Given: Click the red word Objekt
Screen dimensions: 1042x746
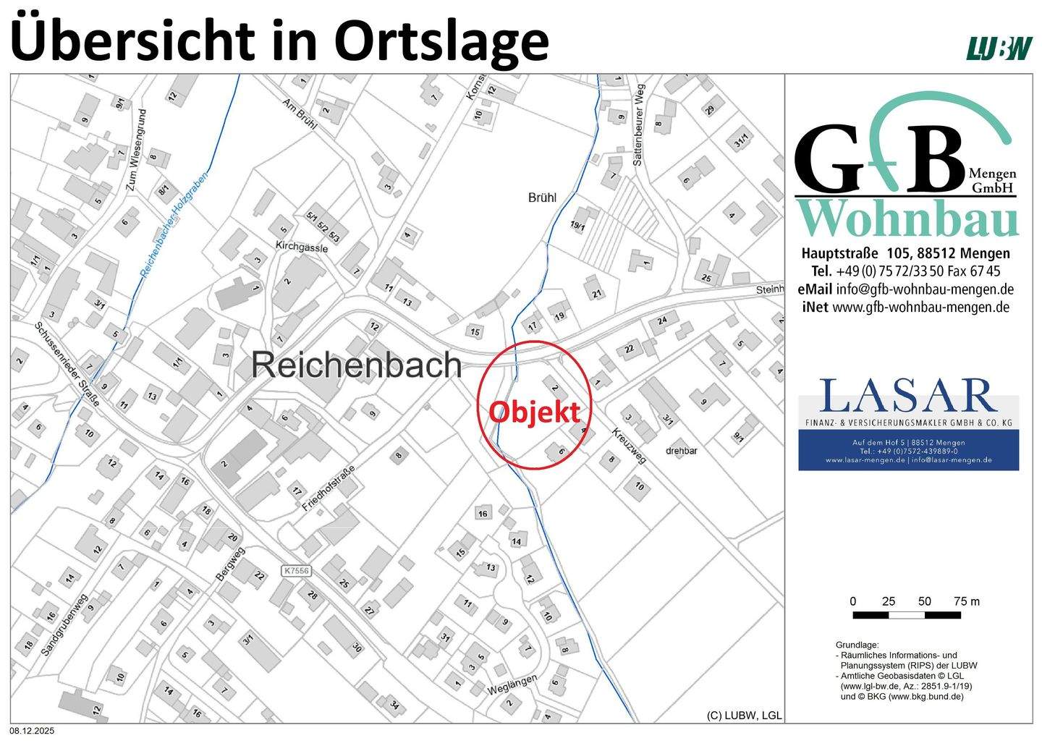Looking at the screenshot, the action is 534,412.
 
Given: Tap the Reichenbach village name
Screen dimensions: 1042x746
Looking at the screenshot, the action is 357,365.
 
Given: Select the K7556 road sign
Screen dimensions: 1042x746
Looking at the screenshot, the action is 297,571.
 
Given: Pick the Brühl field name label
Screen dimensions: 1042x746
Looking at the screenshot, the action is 542,197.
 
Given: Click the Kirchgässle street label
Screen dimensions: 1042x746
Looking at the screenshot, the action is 301,247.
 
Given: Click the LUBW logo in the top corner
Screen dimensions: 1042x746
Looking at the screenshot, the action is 1000,48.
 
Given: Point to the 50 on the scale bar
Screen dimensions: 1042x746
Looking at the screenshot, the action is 925,601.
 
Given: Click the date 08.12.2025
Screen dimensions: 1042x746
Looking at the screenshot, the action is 32,732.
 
